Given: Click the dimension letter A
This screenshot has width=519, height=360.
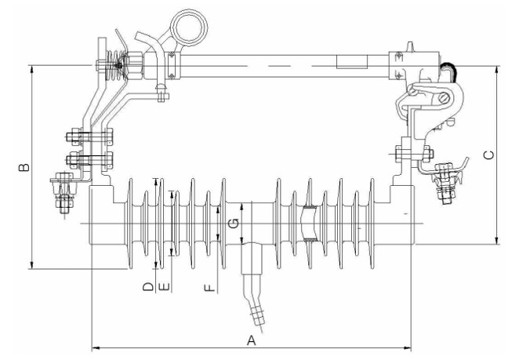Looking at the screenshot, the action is (x=252, y=340).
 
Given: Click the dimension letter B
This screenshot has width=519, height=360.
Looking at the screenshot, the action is (x=24, y=167).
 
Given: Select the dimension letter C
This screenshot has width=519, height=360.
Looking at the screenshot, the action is (x=489, y=155).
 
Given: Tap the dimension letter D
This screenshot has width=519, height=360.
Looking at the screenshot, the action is (x=148, y=287).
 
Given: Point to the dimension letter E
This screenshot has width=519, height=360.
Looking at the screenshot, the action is (x=165, y=287).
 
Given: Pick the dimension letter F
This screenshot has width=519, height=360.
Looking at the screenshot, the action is (x=210, y=288).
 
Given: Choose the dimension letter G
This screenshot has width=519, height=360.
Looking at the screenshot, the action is (x=234, y=224).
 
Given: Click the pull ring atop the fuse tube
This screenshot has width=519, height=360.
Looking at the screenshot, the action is (x=189, y=27).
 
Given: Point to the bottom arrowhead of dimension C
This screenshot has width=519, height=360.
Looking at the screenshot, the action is (x=497, y=240).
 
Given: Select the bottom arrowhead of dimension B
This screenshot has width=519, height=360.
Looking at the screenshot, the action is (x=32, y=264).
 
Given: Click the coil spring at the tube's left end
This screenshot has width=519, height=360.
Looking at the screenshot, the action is (x=115, y=65).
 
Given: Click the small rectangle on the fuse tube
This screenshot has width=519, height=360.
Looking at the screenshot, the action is (x=352, y=62).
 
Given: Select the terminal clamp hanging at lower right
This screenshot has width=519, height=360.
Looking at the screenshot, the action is (x=448, y=180).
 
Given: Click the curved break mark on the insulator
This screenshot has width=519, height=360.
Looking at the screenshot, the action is (x=310, y=224).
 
